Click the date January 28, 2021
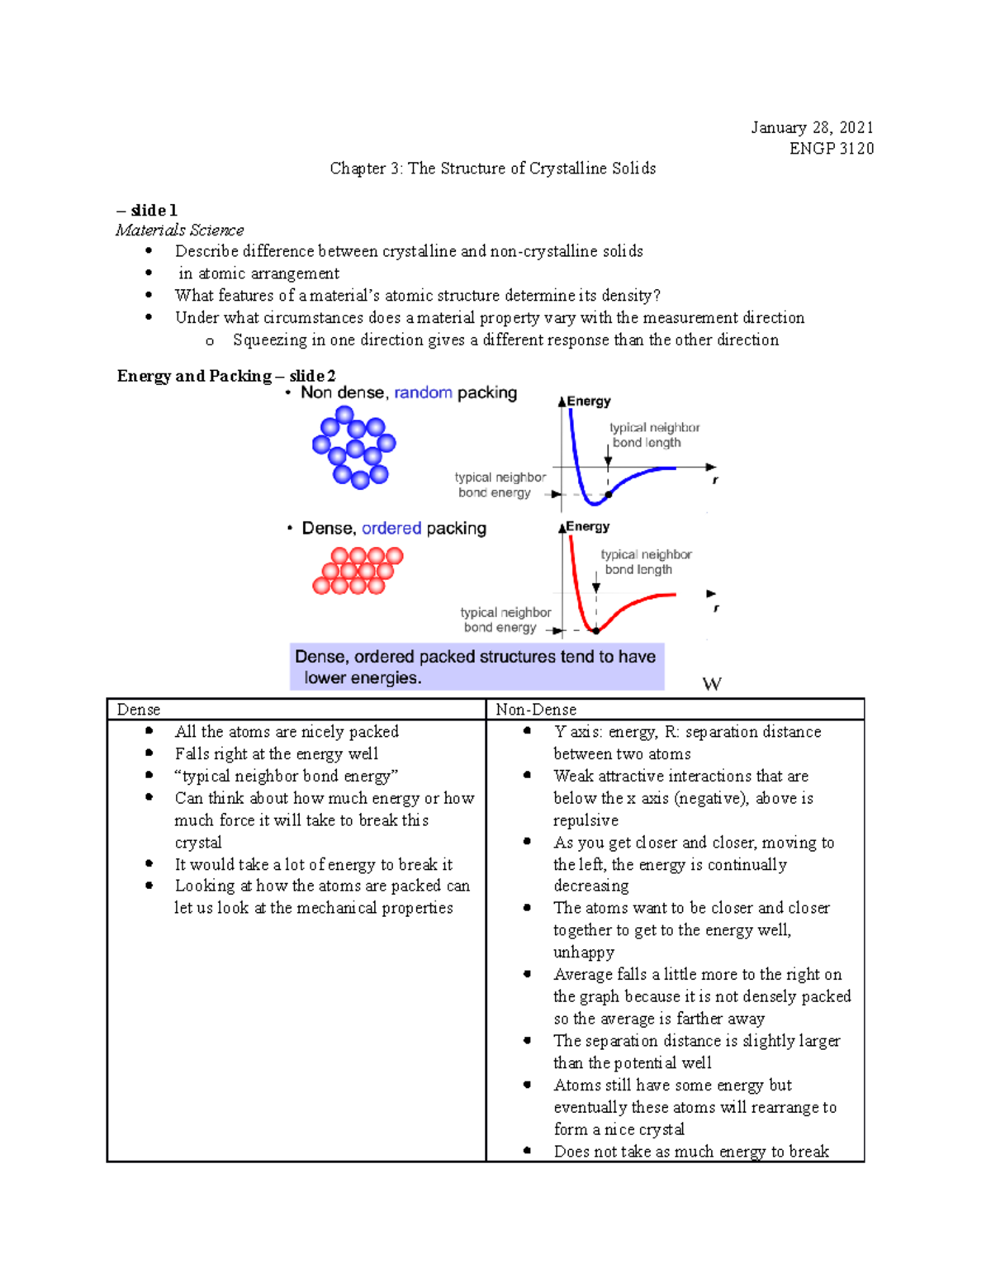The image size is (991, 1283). [x=811, y=127]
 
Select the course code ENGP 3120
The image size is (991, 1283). [x=831, y=149]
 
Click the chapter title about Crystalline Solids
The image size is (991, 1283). [x=492, y=169]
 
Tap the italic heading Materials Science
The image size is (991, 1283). [x=179, y=230]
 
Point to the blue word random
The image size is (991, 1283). [x=423, y=392]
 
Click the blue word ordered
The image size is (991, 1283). [x=391, y=528]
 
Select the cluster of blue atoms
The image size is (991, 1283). [x=354, y=447]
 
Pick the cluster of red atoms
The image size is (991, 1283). [x=358, y=571]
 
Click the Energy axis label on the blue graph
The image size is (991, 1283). [x=588, y=402]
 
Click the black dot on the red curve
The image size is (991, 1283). [x=595, y=630]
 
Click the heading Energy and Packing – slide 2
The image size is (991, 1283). [x=226, y=376]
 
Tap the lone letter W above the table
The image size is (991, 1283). [x=711, y=684]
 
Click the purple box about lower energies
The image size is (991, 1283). [x=477, y=667]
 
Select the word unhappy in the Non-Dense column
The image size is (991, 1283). [x=583, y=953]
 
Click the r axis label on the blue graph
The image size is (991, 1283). [x=715, y=480]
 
